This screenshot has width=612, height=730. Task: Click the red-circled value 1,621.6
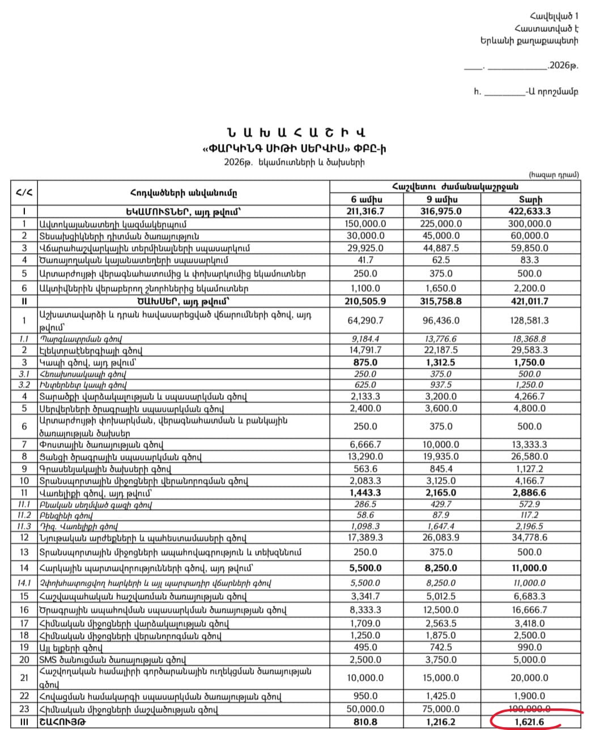529,722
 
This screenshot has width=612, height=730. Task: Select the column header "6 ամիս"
367,199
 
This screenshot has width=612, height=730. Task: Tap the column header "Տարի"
530,199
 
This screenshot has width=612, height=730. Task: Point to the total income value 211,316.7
365,211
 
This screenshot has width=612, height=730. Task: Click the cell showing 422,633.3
530,211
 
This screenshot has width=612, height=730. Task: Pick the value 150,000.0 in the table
365,224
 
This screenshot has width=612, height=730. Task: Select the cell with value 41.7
365,260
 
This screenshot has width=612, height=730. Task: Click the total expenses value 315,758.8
441,301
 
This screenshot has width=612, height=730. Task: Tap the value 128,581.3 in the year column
529,321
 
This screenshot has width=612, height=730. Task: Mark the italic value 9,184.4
365,339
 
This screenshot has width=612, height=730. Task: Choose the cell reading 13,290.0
365,456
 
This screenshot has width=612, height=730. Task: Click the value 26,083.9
441,537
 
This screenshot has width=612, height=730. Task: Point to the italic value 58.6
365,515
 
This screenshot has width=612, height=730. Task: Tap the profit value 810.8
365,722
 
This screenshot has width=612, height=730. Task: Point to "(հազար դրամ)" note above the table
554,175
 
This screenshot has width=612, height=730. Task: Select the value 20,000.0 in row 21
529,678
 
